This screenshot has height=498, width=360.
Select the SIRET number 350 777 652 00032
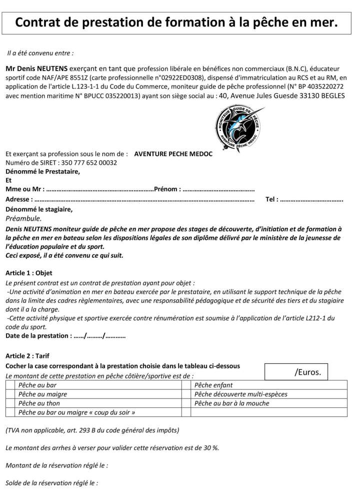point(88,163)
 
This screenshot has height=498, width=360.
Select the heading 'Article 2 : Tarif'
point(28,356)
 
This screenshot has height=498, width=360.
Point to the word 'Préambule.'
point(24,218)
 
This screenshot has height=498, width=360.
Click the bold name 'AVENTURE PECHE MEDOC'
point(173,154)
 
